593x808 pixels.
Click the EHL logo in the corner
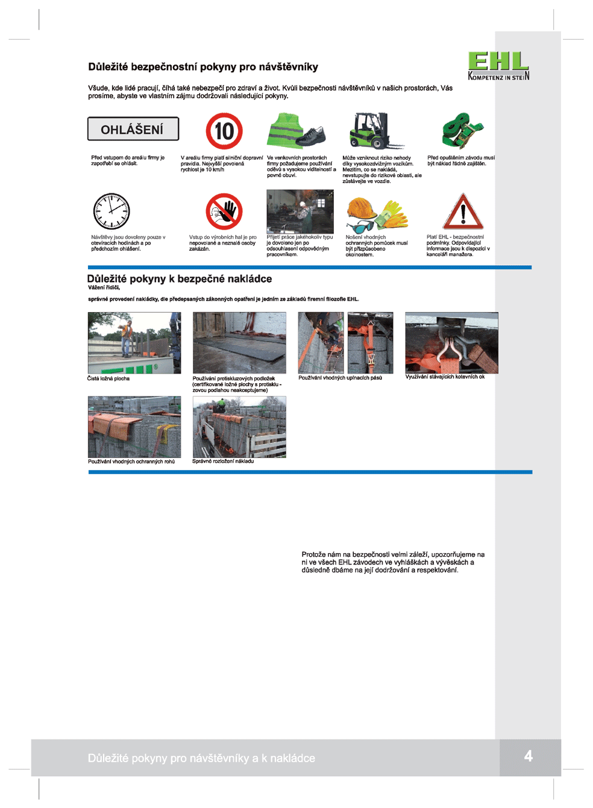(x=498, y=66)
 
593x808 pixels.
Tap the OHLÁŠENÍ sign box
(x=133, y=129)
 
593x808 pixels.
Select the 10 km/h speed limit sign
(x=224, y=131)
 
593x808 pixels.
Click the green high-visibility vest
(x=286, y=130)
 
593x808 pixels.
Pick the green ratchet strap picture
(x=462, y=130)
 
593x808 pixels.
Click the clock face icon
(x=111, y=211)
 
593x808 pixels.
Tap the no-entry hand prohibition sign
(x=224, y=211)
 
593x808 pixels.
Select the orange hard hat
(x=362, y=208)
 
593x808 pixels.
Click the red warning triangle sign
(x=463, y=212)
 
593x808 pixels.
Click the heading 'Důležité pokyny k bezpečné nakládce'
(x=180, y=279)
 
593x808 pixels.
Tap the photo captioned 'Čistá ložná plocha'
(x=134, y=343)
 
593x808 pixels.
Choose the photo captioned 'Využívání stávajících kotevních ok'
(x=451, y=343)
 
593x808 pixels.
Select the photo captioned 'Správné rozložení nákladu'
(x=239, y=427)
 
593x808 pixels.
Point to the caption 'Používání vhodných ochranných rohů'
(x=131, y=462)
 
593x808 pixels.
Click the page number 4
(x=528, y=756)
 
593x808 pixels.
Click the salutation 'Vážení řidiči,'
(x=104, y=288)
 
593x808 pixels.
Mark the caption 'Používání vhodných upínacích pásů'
(x=340, y=378)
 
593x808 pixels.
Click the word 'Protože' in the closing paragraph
(x=313, y=554)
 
